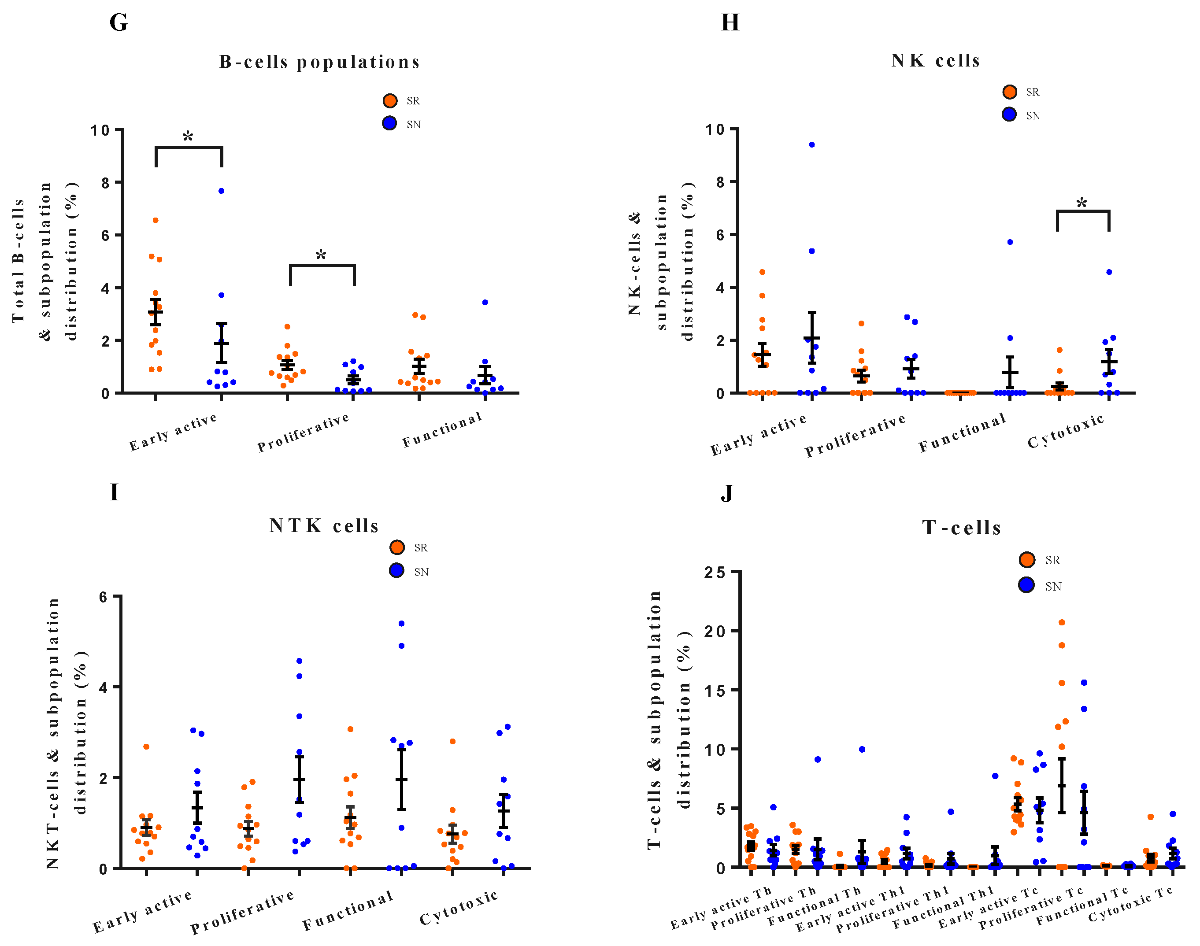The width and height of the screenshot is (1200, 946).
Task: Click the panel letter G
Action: [119, 23]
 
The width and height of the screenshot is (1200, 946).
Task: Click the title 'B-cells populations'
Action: [320, 62]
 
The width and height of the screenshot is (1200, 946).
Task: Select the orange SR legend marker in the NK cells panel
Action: [1009, 92]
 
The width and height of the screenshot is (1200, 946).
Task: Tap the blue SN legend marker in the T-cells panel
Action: [1026, 585]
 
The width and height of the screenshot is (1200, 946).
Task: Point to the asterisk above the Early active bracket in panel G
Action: [188, 137]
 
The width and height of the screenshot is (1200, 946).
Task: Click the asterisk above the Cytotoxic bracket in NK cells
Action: [1082, 204]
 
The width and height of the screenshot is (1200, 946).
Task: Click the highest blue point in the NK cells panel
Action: [811, 144]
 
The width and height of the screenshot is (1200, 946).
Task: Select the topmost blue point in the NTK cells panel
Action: [402, 624]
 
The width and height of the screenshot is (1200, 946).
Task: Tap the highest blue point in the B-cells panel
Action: [221, 191]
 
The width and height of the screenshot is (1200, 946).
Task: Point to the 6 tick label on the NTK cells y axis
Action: [103, 597]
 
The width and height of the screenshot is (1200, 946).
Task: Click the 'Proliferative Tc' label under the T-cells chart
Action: [1030, 907]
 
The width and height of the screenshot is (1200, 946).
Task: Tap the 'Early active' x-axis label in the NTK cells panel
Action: [142, 911]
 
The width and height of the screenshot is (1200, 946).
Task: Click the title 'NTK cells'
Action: [324, 525]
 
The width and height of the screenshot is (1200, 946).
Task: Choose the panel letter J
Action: [727, 493]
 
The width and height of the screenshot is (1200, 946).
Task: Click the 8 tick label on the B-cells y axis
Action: [105, 183]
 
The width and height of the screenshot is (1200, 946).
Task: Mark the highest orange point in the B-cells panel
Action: [156, 221]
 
